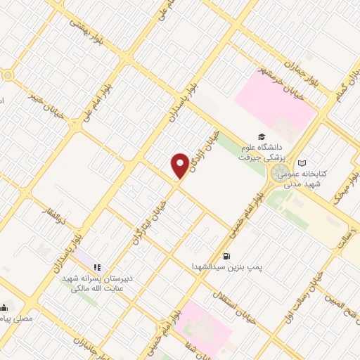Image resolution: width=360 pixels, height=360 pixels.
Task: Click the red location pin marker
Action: (180, 165)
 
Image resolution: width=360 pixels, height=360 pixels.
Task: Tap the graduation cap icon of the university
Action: (262, 136)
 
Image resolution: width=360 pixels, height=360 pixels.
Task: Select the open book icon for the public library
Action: (302, 163)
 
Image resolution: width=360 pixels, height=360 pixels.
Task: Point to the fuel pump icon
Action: (226, 256)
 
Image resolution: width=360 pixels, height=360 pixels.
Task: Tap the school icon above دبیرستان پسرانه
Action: (98, 267)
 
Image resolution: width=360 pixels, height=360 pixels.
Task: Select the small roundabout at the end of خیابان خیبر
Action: (8, 75)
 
